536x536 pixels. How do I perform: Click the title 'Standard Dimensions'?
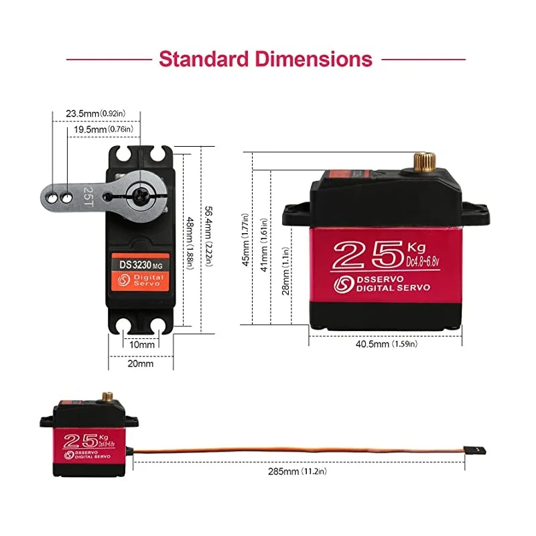click(265, 59)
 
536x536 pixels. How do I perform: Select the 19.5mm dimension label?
click(103, 129)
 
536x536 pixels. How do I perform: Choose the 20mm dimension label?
click(141, 364)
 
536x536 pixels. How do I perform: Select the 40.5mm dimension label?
click(386, 344)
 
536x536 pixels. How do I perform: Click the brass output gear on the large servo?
click(424, 161)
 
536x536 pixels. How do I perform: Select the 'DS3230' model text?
click(137, 265)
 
